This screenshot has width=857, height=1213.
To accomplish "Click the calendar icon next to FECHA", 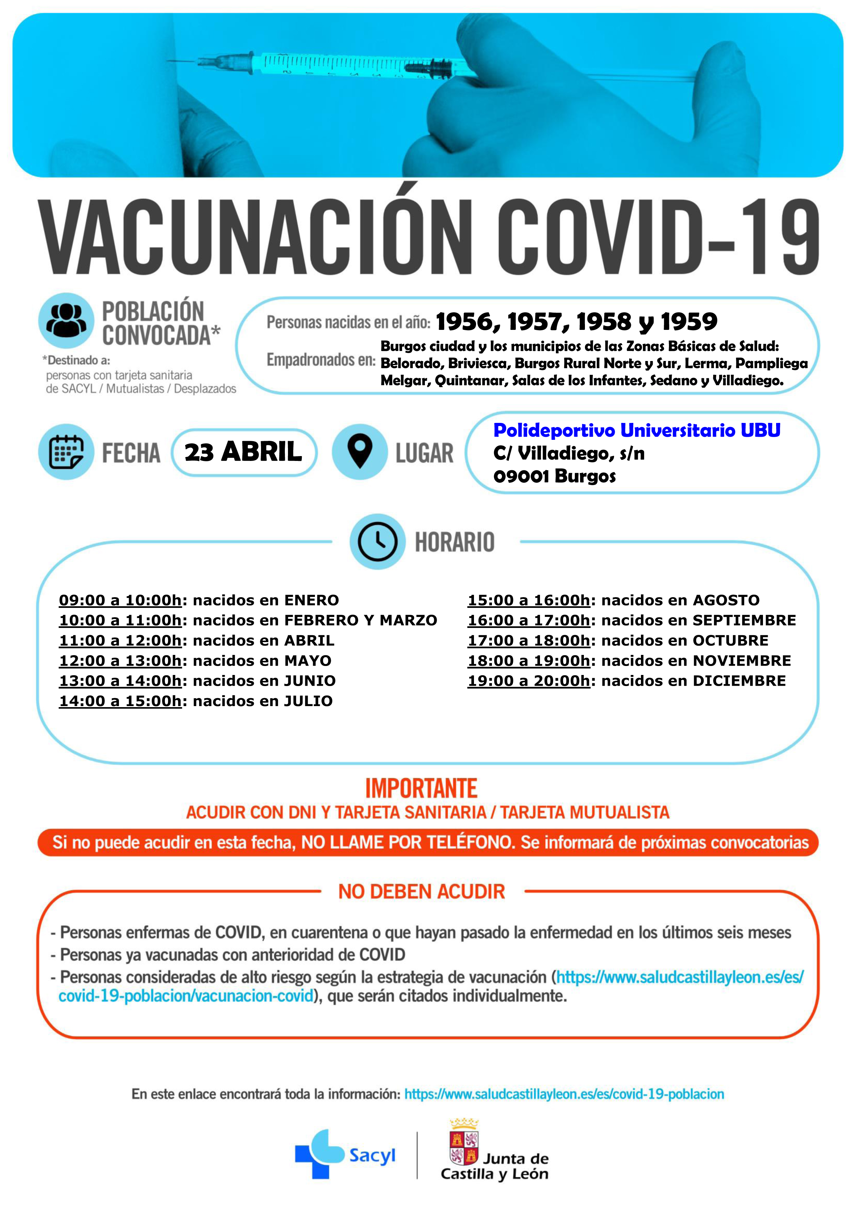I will [66, 452].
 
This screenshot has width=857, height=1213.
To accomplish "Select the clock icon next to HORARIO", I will [378, 541].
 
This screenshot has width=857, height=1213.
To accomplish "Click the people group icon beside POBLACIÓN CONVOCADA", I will [66, 321].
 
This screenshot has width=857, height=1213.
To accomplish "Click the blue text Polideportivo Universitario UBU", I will [637, 430].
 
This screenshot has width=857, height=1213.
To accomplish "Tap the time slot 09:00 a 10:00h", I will [120, 600].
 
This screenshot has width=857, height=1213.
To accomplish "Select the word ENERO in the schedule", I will [311, 600].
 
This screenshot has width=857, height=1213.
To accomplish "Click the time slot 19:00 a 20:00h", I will [529, 681].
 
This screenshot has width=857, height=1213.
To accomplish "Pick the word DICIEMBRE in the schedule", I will [739, 681].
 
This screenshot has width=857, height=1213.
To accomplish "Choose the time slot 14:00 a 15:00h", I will [120, 701].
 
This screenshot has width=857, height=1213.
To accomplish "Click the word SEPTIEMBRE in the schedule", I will [744, 620].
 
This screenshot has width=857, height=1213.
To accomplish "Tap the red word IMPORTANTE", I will [421, 788].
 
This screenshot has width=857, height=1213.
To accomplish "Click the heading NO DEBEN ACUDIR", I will [421, 892].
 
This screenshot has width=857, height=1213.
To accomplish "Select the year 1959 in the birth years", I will [689, 321].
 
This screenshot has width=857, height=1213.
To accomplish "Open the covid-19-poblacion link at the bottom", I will [564, 1094].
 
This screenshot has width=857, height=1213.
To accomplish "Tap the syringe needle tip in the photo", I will [170, 61].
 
